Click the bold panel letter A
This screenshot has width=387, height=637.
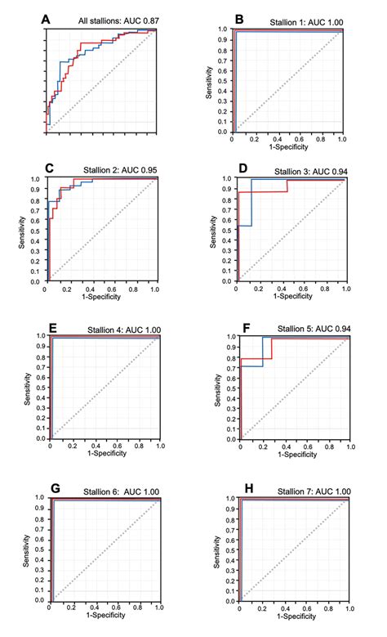tap(47, 18)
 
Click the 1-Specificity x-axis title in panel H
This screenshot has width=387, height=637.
tap(294, 617)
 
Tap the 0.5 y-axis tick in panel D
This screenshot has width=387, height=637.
tap(225, 231)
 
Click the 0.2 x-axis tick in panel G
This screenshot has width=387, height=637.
tap(73, 608)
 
